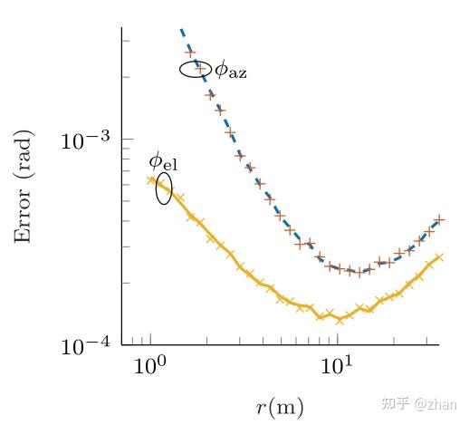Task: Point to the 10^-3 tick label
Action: pos(85,140)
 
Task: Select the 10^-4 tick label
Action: pos(85,346)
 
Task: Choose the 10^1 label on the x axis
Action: pos(338,369)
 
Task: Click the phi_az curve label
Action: pos(230,70)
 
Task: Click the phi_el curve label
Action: pos(164,162)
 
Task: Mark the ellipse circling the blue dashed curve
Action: pos(195,69)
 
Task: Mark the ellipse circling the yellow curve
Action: pos(164,189)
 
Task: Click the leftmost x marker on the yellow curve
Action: pos(151,179)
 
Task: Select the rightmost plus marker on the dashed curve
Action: pos(440,219)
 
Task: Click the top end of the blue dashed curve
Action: pos(182,30)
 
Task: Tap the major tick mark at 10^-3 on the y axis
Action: pos(126,140)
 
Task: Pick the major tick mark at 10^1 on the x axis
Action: pos(338,341)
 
